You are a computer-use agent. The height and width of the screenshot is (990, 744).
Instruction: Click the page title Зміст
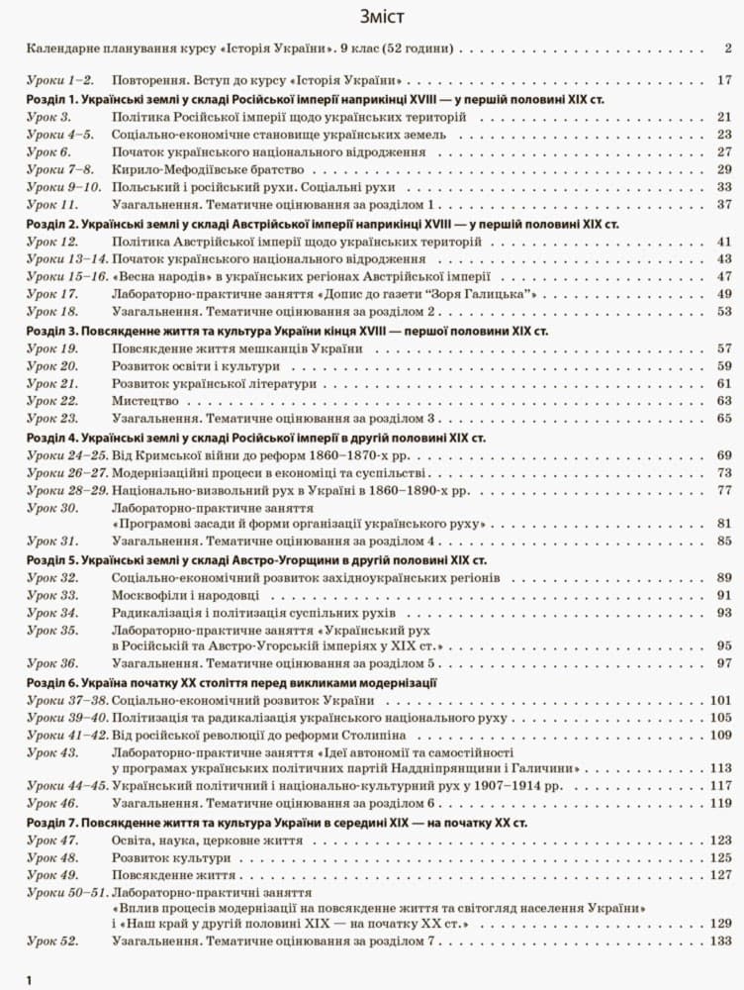pos(371,17)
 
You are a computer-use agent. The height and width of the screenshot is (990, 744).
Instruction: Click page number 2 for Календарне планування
pos(727,48)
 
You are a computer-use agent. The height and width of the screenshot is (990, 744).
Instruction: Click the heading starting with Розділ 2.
pos(323,224)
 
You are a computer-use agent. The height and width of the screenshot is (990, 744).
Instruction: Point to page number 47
pos(723,276)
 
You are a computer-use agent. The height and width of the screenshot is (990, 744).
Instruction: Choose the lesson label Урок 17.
pos(52,294)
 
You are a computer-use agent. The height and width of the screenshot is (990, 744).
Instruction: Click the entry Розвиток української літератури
pos(214,383)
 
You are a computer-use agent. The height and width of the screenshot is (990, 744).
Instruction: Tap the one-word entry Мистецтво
pos(144,401)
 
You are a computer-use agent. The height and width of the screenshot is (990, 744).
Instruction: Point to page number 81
pos(723,523)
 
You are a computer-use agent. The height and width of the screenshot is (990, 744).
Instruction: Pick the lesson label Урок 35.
pos(52,630)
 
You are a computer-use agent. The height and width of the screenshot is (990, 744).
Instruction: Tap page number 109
pos(720,735)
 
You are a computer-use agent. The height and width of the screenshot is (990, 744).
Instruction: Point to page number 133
pos(720,940)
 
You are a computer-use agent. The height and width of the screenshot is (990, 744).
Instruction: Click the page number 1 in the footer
pos(30,979)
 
